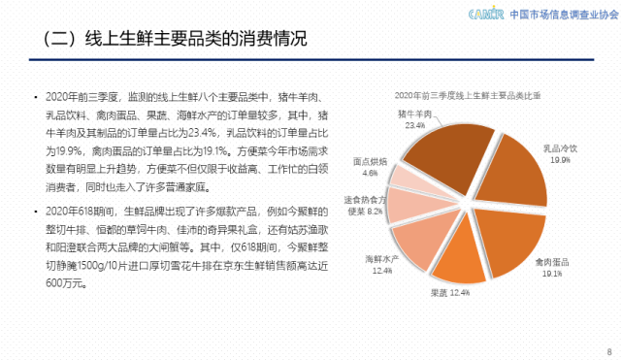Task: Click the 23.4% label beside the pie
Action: tap(415, 125)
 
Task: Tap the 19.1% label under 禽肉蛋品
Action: tap(552, 274)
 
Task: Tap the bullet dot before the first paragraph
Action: tap(37, 99)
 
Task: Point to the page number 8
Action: tap(607, 349)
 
